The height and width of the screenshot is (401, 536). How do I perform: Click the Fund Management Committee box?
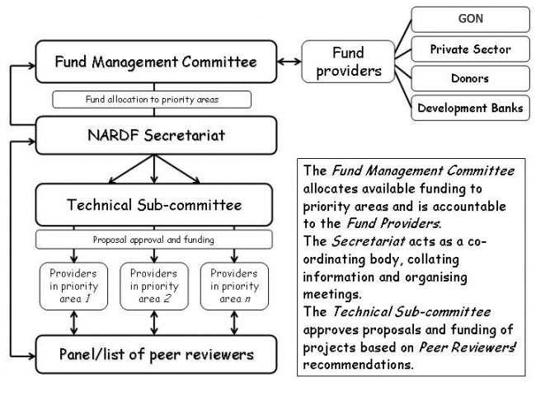click(156, 62)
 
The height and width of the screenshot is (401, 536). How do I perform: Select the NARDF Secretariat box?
click(156, 136)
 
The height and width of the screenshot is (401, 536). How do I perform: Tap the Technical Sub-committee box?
click(154, 205)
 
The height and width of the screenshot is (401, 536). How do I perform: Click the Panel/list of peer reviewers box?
click(156, 354)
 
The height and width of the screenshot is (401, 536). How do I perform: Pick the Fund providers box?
click(348, 62)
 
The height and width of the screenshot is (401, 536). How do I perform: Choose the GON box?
click(470, 19)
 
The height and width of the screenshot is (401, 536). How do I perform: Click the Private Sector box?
click(470, 49)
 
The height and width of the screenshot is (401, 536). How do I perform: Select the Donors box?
click(470, 78)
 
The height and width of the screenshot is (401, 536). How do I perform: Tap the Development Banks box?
click(470, 108)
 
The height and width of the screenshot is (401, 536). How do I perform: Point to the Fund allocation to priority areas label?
click(152, 100)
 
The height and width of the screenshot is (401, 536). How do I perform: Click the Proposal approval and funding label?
click(154, 240)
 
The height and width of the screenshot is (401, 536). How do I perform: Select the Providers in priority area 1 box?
click(73, 286)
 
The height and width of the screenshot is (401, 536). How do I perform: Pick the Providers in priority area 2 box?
click(154, 286)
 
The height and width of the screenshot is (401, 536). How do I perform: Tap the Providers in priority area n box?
click(234, 286)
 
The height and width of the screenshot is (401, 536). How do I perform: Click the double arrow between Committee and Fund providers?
click(289, 62)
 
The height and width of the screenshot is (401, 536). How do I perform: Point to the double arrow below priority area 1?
click(74, 323)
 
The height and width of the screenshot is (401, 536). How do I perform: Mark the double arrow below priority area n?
click(234, 323)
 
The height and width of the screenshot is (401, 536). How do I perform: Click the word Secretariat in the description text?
click(369, 241)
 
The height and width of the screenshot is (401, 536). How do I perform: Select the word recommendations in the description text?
click(358, 365)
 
